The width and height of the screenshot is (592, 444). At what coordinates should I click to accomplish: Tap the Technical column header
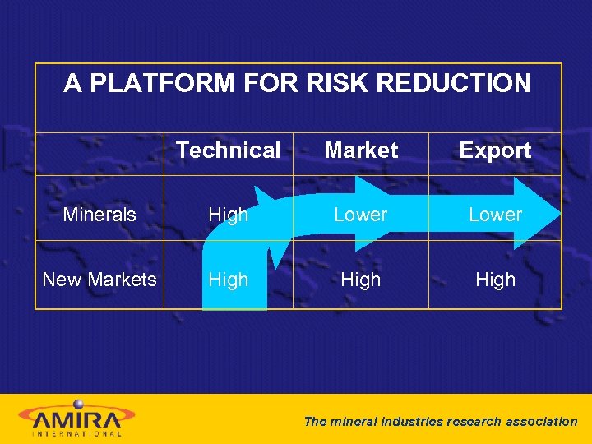click(228, 150)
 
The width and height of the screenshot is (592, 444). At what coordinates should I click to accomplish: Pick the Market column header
click(361, 150)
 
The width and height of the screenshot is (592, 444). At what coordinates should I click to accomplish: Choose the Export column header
click(495, 150)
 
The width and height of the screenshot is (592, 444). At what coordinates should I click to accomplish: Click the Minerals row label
click(99, 215)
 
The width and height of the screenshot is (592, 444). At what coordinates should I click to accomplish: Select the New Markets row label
click(99, 280)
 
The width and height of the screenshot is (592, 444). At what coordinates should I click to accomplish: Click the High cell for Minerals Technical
click(228, 215)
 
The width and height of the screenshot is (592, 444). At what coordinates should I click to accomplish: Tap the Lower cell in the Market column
click(360, 215)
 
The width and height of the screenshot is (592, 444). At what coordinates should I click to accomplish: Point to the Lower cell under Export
click(495, 215)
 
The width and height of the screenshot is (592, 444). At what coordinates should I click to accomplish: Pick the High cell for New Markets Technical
click(228, 280)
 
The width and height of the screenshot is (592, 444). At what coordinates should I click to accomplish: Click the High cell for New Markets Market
click(360, 280)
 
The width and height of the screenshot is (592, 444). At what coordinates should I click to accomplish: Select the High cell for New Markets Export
click(495, 280)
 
